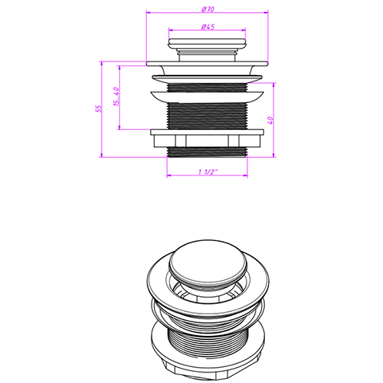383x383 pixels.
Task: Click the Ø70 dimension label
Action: click(x=207, y=10)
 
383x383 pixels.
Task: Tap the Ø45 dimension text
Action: click(x=207, y=27)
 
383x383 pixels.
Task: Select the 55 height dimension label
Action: click(x=98, y=109)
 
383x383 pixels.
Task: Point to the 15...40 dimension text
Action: click(x=116, y=97)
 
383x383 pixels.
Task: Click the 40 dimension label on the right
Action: click(x=270, y=120)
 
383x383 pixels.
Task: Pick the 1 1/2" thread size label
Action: click(x=207, y=172)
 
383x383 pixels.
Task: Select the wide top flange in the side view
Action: click(x=207, y=64)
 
